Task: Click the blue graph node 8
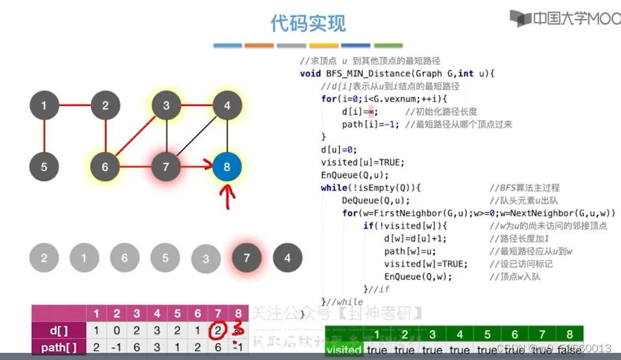[227, 167]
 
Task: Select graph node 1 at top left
[44, 105]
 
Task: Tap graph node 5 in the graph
[44, 167]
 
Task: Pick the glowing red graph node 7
[166, 167]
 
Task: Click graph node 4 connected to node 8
[227, 105]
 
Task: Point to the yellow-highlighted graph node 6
[105, 167]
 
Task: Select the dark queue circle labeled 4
[287, 258]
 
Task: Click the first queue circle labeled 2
[44, 258]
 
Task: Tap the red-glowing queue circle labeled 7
[246, 258]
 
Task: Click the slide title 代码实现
[308, 23]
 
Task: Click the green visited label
[344, 350]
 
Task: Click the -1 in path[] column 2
[117, 348]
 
